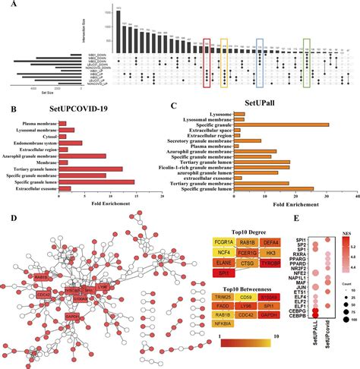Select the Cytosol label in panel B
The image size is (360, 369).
[x=44, y=134]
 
